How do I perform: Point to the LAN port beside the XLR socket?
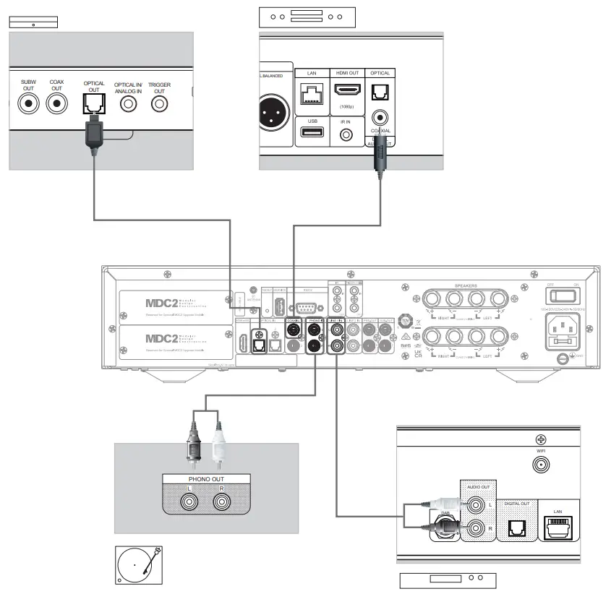pos(312,93)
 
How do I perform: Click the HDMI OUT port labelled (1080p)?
pos(347,91)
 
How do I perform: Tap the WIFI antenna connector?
pos(539,466)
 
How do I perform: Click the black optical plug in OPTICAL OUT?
pos(93,134)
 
